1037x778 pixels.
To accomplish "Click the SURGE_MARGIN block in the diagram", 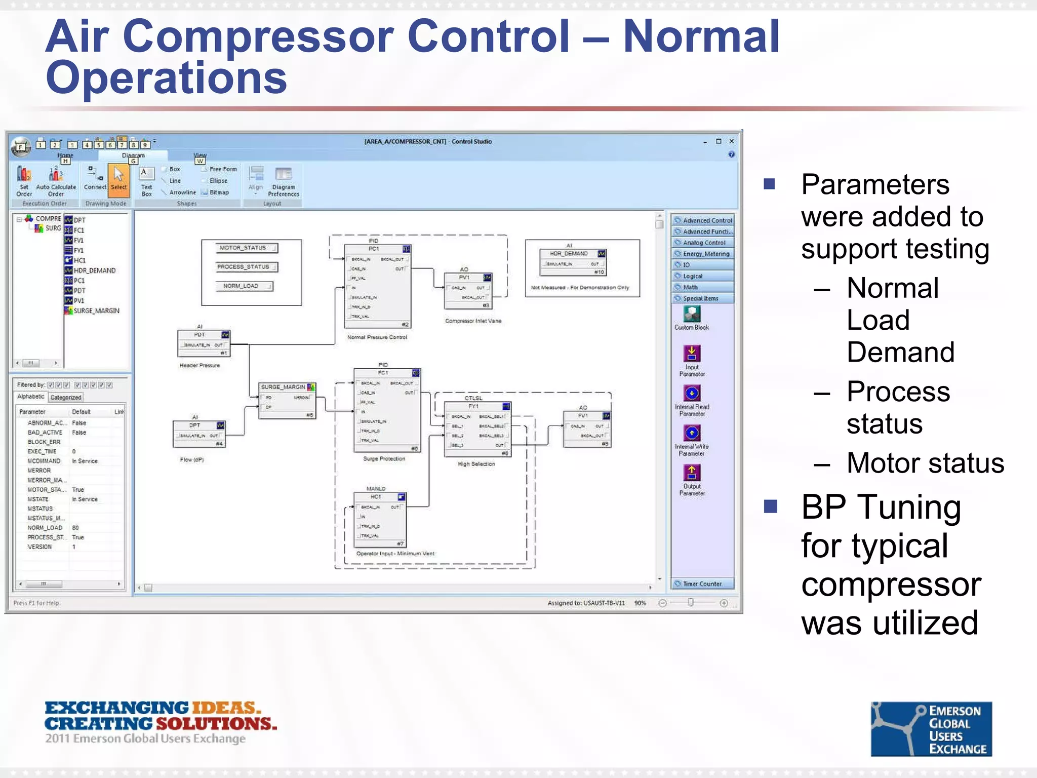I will pyautogui.click(x=287, y=400).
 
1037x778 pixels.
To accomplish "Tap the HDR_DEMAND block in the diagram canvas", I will pyautogui.click(x=573, y=262).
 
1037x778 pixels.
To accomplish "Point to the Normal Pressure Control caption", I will pyautogui.click(x=377, y=337).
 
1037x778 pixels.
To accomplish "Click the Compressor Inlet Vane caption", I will pyautogui.click(x=473, y=321).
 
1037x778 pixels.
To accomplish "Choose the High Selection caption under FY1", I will pyautogui.click(x=476, y=464).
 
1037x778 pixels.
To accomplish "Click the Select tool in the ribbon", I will pyautogui.click(x=118, y=180).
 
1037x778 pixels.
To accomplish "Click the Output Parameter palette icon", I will pyautogui.click(x=692, y=479).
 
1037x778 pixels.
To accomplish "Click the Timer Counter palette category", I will pyautogui.click(x=702, y=584).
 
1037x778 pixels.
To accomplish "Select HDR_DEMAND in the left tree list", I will pyautogui.click(x=94, y=270).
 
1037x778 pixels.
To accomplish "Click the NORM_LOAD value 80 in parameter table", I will pyautogui.click(x=75, y=528).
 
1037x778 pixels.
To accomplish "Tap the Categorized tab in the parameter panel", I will pyautogui.click(x=66, y=398).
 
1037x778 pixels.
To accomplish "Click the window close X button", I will pyautogui.click(x=731, y=141).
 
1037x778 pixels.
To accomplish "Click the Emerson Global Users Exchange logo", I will pyautogui.click(x=931, y=729).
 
